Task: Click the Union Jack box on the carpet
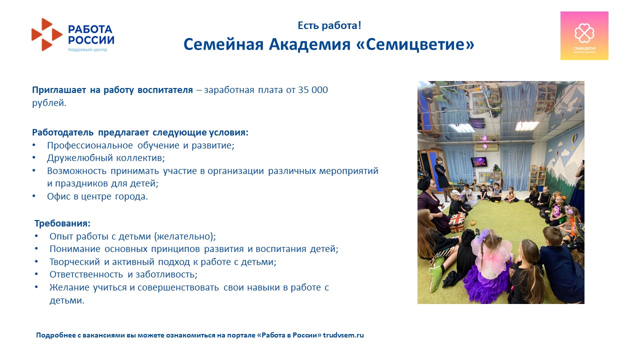coord(457,223)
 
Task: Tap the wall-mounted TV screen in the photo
coord(479,162)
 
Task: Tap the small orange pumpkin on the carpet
coord(473,222)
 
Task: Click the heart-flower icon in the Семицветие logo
coord(584,33)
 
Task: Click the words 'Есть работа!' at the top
coord(329,25)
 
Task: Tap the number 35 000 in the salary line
coord(313,89)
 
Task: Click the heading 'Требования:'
coord(62,223)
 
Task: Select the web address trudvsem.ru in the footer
coord(343,335)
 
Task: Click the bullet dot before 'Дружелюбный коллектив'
coord(34,157)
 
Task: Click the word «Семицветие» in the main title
coord(415,44)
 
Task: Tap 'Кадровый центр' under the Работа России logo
coord(87,49)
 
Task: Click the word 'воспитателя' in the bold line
coord(165,90)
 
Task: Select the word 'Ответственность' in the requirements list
coord(86,274)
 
